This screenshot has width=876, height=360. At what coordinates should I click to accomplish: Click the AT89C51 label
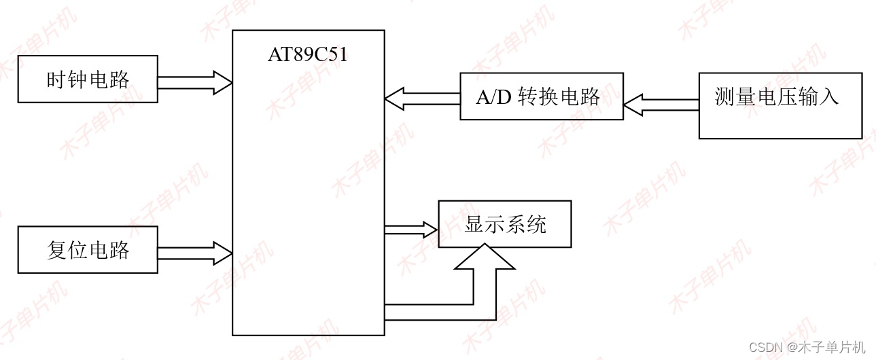[307, 55]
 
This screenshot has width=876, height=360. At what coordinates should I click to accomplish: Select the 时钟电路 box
[88, 79]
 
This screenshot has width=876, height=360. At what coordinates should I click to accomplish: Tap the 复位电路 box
[88, 250]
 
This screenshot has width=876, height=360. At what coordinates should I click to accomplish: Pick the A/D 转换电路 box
[541, 96]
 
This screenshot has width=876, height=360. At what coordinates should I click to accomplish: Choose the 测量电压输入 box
[780, 105]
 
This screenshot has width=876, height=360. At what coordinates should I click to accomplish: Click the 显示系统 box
[504, 224]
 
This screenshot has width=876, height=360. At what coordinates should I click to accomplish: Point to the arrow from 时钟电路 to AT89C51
[195, 83]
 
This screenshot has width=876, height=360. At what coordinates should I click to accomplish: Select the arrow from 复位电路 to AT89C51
[195, 253]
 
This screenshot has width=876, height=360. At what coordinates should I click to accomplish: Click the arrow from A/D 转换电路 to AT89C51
[422, 99]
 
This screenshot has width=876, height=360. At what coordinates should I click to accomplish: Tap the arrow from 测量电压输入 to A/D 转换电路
[661, 105]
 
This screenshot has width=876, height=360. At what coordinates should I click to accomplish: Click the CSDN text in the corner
[770, 347]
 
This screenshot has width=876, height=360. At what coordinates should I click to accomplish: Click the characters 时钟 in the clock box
[67, 79]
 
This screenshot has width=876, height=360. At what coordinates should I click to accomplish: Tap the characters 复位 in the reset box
[67, 250]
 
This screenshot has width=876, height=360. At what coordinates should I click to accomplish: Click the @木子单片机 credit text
[826, 347]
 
